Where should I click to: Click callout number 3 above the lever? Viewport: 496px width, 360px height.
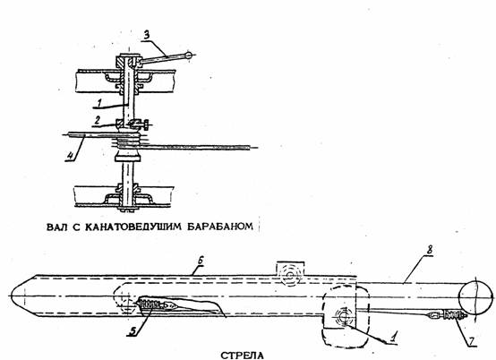pos(147,36)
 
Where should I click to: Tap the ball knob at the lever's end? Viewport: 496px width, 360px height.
pos(189,55)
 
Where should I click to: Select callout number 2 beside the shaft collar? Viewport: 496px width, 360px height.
pos(98,120)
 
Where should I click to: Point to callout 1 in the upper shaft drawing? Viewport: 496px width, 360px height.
pos(99,102)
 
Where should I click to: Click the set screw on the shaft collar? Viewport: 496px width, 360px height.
pos(141,124)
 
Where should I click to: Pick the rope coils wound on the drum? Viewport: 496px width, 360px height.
pos(126,141)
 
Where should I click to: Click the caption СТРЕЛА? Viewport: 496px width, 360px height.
pos(242,356)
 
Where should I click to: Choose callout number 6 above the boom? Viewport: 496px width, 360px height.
pos(201,261)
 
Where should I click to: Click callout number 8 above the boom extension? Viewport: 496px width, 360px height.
pos(429,250)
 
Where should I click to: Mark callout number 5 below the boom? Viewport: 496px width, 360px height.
pos(133,331)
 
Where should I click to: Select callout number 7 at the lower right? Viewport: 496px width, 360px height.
pos(471,341)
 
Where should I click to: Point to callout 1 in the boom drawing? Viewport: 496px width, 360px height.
pos(393,338)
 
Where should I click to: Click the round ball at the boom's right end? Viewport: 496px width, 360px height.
pos(475,297)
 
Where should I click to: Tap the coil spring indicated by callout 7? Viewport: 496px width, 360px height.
pos(454,314)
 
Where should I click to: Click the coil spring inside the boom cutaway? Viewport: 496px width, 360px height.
pos(151,304)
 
